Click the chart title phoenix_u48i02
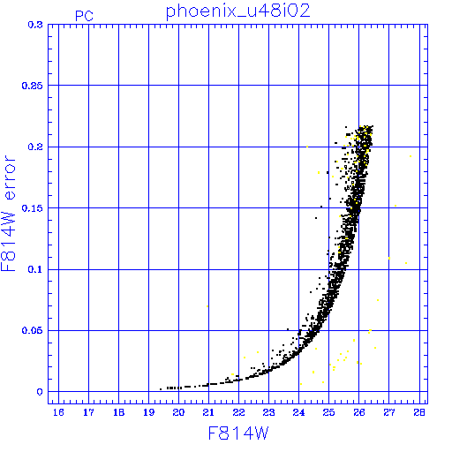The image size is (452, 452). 238,11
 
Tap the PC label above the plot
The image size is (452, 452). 84,16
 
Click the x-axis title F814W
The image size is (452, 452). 238,433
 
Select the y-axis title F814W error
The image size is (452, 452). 8,214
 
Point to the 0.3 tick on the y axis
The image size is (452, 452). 35,25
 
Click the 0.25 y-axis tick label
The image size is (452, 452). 33,86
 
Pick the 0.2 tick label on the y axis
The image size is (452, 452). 35,147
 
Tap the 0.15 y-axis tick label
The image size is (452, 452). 33,208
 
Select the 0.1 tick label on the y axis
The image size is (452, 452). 35,269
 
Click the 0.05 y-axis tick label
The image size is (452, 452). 33,330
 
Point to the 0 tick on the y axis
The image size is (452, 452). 40,392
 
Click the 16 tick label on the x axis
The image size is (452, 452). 58,412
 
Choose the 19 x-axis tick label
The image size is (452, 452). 148,412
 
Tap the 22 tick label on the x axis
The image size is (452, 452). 238,412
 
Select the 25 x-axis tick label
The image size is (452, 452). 328,412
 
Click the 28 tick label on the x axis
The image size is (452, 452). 419,412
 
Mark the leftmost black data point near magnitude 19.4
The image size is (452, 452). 161,389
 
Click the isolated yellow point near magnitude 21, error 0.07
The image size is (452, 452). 207,306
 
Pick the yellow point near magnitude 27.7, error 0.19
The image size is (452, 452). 411,156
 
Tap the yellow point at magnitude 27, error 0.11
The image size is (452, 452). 389,258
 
